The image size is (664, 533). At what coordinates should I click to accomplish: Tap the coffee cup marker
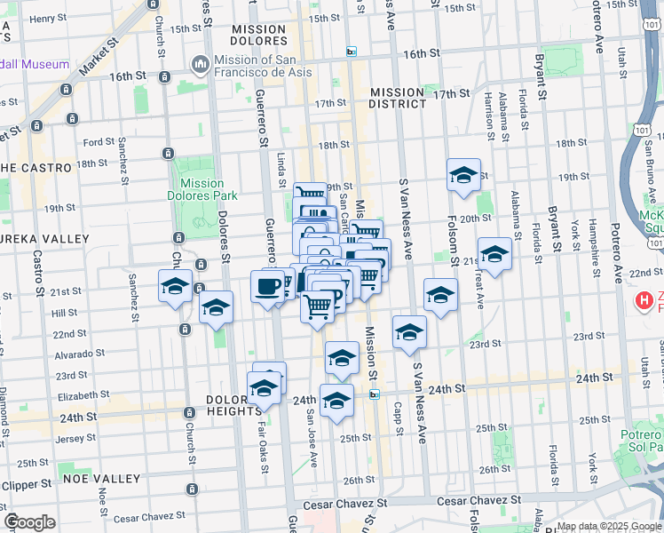point(267,286)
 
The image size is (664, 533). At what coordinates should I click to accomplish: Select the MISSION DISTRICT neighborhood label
point(398,98)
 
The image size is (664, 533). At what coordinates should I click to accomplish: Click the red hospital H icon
point(644,302)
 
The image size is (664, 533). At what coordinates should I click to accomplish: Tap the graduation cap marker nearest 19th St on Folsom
point(463,176)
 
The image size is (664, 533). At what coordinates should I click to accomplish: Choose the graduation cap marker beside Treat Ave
point(494,255)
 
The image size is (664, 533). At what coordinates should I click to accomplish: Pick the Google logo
point(29,522)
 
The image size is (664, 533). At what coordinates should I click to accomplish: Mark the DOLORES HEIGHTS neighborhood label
point(235,407)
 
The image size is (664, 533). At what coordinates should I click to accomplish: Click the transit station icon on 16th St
point(352,52)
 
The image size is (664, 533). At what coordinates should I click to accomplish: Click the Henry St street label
point(47,18)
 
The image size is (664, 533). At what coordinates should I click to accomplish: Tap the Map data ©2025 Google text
point(609,526)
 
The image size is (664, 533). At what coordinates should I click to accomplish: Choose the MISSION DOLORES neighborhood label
point(258,36)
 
